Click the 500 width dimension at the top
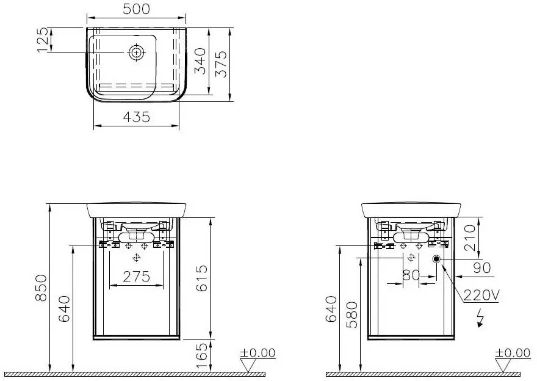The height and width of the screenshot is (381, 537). pyautogui.click(x=136, y=9)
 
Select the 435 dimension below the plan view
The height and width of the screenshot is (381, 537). pyautogui.click(x=136, y=117)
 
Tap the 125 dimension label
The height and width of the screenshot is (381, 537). pyautogui.click(x=42, y=40)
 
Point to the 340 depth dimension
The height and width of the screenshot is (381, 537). pyautogui.click(x=200, y=61)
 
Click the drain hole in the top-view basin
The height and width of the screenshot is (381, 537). pyautogui.click(x=136, y=53)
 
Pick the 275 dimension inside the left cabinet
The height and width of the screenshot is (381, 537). pyautogui.click(x=136, y=277)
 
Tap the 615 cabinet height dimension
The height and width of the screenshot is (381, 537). pyautogui.click(x=202, y=278)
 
